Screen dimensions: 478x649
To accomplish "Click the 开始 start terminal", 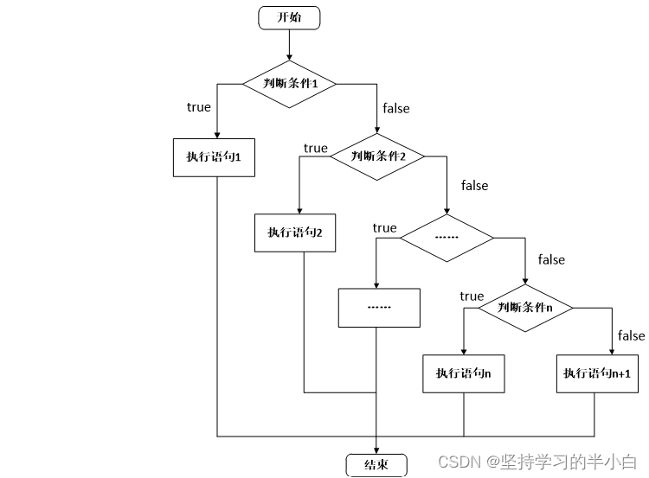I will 289,17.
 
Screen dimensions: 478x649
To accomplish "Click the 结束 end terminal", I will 376,464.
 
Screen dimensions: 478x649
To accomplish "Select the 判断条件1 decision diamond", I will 289,84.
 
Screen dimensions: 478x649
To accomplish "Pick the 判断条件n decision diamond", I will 525,307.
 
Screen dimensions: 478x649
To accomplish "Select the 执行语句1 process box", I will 214,156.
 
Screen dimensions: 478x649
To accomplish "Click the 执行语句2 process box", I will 295,232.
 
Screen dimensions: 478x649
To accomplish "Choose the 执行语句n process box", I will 464,373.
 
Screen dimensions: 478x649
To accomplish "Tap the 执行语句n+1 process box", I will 595,373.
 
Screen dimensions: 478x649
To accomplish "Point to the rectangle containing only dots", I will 378,307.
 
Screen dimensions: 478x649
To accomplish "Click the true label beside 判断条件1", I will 198,107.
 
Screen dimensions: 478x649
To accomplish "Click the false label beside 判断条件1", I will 395,108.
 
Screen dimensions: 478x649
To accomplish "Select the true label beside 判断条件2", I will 316,148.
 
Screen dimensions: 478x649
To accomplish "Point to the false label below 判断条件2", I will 474,185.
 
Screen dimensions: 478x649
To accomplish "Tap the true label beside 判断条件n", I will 472,296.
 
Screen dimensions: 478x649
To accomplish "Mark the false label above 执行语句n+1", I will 631,335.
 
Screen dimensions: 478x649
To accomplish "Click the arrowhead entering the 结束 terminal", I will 376,449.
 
